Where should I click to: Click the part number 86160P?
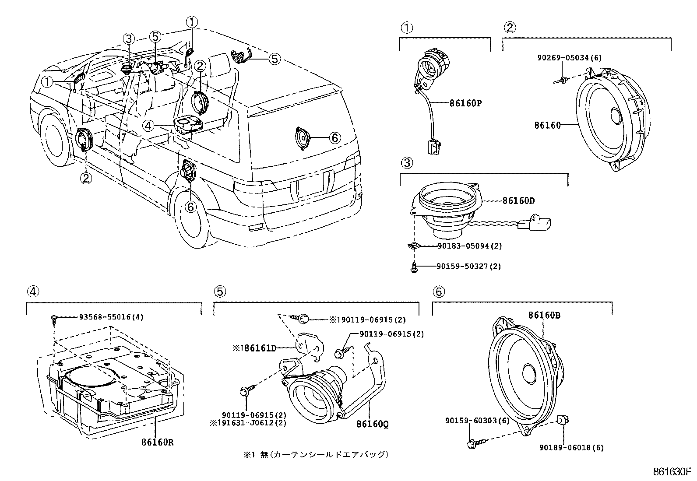pos(465,104)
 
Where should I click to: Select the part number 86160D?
pos(518,201)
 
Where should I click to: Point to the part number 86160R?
pos(157,442)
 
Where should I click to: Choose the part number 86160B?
pos(544,315)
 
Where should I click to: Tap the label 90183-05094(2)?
pos(470,246)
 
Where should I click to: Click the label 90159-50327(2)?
pos(469,266)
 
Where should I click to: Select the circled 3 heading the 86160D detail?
pos(406,163)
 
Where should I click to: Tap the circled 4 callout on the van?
pos(148,126)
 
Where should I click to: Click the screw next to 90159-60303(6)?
pos(474,443)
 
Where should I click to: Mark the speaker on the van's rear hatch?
pos(302,138)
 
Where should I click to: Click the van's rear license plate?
pos(310,185)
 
